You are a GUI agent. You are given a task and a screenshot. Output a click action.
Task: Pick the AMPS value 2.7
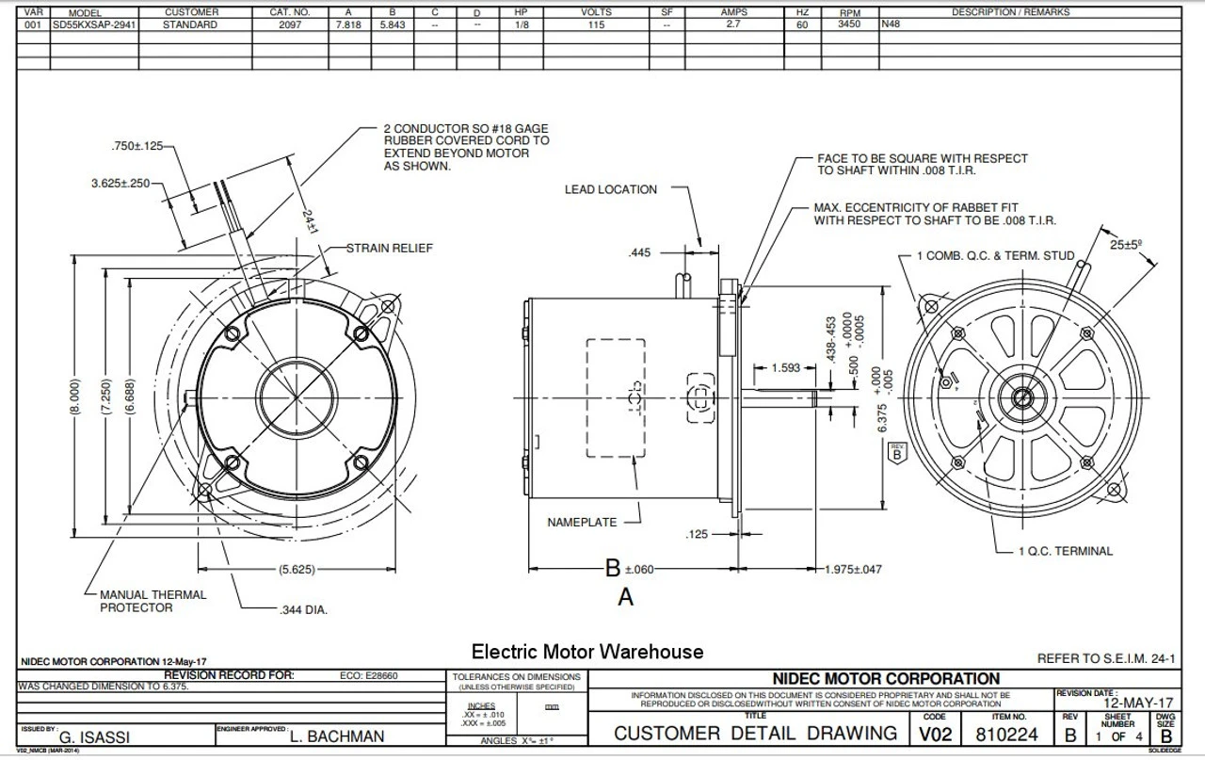[733, 24]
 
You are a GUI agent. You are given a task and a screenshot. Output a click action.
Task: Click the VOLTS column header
[596, 12]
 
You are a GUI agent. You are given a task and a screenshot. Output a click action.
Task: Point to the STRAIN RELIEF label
[390, 249]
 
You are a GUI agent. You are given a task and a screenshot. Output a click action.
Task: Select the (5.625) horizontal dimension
[297, 570]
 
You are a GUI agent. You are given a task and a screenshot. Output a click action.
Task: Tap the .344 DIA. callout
[303, 610]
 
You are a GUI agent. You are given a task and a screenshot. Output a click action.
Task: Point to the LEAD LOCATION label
[611, 189]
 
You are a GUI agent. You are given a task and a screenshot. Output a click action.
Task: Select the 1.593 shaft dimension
[787, 368]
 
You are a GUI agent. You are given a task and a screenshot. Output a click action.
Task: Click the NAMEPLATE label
[582, 522]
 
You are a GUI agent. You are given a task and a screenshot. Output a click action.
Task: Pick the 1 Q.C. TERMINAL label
[1065, 551]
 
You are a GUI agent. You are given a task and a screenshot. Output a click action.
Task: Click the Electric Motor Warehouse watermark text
[586, 651]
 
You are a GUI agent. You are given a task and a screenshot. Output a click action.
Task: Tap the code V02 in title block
[935, 734]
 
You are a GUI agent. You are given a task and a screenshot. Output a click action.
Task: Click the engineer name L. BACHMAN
[337, 736]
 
